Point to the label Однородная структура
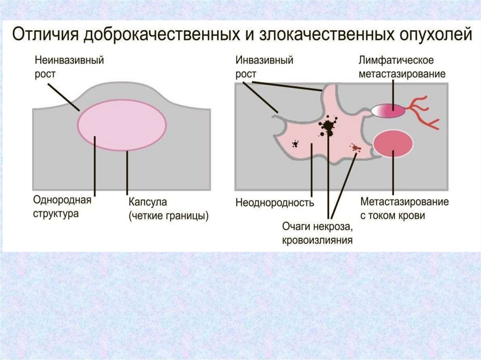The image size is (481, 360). coord(62,207)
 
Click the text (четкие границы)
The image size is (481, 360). coord(169,216)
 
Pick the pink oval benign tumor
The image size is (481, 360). coord(122,124)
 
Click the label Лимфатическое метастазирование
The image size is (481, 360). coord(402,67)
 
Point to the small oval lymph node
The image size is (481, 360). coord(389,111)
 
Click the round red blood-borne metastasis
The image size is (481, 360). coord(393,143)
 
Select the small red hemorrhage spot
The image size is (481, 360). coord(355,148)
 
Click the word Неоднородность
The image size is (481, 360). coord(274,203)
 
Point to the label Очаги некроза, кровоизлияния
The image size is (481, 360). coord(317,234)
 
